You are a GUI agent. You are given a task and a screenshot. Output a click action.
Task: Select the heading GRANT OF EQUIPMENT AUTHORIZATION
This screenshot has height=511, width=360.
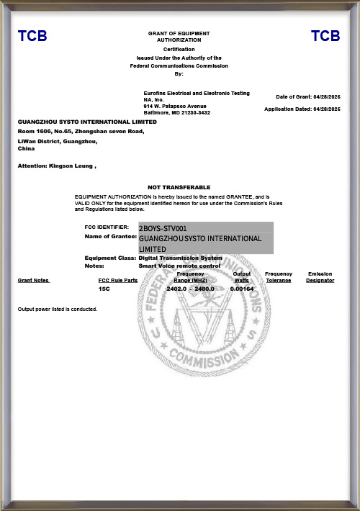179,37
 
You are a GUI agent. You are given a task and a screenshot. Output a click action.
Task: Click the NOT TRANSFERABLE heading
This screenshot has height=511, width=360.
179,187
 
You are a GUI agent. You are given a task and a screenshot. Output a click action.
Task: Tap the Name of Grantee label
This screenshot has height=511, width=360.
110,236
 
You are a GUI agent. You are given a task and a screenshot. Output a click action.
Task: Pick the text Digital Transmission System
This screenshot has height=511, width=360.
180,258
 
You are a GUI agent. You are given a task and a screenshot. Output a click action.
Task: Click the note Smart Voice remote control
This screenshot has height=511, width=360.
179,266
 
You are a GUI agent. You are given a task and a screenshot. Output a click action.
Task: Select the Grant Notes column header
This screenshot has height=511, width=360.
33,280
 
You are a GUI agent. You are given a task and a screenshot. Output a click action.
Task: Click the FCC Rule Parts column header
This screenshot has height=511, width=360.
117,280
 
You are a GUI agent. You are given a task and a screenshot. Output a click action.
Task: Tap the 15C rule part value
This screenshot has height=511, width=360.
104,288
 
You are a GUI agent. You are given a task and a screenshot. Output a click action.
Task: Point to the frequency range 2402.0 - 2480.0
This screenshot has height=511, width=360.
191,288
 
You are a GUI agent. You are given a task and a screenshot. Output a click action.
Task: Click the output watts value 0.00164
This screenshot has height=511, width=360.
242,288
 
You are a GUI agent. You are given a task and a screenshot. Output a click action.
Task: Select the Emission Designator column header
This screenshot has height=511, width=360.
320,277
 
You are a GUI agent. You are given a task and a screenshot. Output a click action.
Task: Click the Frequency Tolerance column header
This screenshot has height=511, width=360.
278,277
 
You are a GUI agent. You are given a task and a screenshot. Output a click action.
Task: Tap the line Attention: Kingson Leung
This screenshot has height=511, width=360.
56,166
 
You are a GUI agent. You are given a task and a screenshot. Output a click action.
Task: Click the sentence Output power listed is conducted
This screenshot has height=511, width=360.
57,309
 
